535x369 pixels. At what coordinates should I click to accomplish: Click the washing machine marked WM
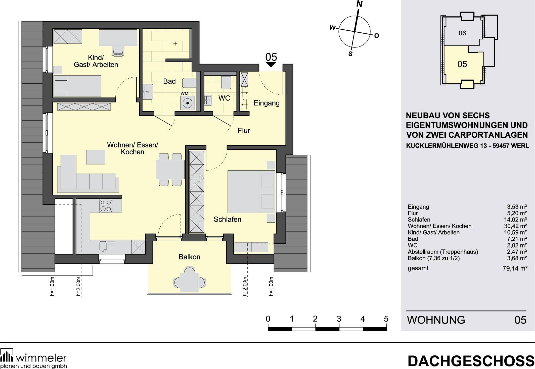pos(187,103)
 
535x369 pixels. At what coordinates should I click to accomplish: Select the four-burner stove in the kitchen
pos(106,206)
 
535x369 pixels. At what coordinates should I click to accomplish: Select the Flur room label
pos(244,131)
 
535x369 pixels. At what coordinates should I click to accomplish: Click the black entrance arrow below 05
pos(271,65)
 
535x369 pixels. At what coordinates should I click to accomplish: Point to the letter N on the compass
pos(360,4)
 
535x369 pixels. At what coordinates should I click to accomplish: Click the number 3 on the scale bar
pos(339,319)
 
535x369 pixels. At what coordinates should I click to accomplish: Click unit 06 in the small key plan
pos(462,33)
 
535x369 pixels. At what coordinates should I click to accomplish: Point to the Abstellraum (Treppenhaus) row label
pos(443,252)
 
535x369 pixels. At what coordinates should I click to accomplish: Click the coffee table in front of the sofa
pos(96,157)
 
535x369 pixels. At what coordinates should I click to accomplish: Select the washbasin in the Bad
pos(148,92)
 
